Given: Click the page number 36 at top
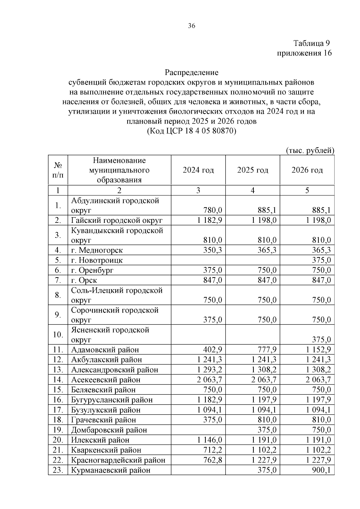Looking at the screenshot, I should point(191,26).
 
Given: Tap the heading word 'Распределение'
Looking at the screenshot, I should point(191,73).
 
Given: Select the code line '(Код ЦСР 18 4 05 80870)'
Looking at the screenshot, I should point(191,131).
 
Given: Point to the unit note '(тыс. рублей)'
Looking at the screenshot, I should point(310,150).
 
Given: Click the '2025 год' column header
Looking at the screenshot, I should point(253,170).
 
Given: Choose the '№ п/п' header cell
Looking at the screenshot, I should point(58,170).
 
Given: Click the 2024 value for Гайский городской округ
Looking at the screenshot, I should point(210,220).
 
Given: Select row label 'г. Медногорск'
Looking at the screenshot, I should point(97,250).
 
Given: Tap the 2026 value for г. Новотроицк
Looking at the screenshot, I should point(321,260).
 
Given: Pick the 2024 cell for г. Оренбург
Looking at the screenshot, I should point(212,270).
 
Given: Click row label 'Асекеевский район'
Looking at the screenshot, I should point(106,380).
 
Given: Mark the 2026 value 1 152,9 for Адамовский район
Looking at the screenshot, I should point(318,350).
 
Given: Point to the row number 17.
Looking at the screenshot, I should point(58,410).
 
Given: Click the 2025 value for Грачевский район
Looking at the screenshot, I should point(267,420).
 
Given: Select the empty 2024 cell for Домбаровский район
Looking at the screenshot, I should point(198,430).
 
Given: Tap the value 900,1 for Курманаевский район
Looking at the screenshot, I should point(321,470).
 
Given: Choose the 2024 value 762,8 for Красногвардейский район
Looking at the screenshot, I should point(212,460).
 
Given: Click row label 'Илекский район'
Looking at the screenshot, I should point(100,440).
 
